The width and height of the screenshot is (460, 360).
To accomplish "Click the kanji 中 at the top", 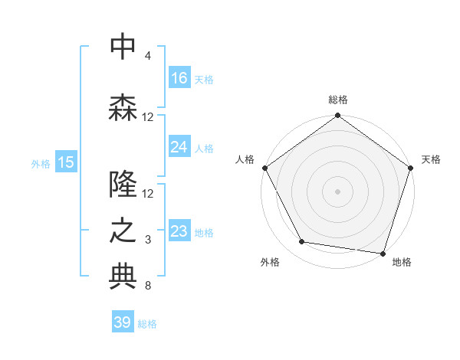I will tap(123, 47).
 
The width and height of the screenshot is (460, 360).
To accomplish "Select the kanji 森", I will tap(123, 108).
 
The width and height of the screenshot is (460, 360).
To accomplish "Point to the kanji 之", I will tap(123, 231).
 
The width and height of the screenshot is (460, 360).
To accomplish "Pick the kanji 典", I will tap(123, 277).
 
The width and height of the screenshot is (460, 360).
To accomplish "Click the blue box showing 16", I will tap(179, 78).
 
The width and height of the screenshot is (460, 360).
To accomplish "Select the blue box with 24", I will tap(179, 147).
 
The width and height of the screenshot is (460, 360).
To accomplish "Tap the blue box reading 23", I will tap(179, 231).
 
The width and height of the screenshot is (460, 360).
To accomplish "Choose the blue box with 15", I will tap(66, 162).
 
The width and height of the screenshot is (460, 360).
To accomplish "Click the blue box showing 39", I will tap(123, 322).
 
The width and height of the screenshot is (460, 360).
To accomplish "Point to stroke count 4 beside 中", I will tap(148, 56).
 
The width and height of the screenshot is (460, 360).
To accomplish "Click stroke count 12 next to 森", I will tap(148, 117).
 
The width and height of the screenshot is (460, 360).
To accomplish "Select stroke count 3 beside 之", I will tap(148, 240).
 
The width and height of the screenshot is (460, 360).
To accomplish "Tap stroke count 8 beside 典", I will tap(148, 286).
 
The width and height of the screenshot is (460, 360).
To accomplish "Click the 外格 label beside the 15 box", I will tap(41, 163).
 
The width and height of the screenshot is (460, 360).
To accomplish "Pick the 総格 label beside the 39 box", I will tap(147, 324).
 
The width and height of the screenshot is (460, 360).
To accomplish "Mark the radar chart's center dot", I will tap(337, 191).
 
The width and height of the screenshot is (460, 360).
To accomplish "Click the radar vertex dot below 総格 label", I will tap(337, 116).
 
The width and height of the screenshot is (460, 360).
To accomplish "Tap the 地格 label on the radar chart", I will tap(402, 262).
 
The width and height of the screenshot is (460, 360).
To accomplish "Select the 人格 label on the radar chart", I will tap(245, 159).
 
